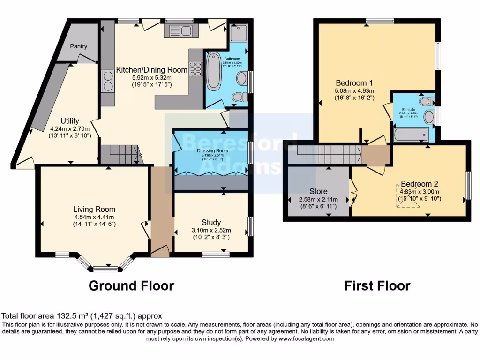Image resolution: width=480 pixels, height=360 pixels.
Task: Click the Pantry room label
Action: pyautogui.click(x=79, y=46)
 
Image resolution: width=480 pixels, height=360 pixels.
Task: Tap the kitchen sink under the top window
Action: pyautogui.click(x=181, y=31)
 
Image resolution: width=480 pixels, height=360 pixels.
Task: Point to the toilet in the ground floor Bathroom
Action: pyautogui.click(x=240, y=97)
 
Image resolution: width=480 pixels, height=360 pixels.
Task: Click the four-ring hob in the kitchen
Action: pyautogui.click(x=195, y=69)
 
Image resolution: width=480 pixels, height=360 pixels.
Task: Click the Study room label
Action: pyautogui.click(x=211, y=222)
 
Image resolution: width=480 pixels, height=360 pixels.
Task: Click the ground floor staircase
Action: pyautogui.click(x=121, y=154)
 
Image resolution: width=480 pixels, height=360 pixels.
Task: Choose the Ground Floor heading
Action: pyautogui.click(x=131, y=285)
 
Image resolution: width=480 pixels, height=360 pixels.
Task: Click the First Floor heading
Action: pyautogui.click(x=377, y=285)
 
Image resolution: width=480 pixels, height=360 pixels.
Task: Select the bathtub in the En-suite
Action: pyautogui.click(x=411, y=135)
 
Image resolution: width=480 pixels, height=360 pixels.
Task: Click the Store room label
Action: pyautogui.click(x=318, y=191)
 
